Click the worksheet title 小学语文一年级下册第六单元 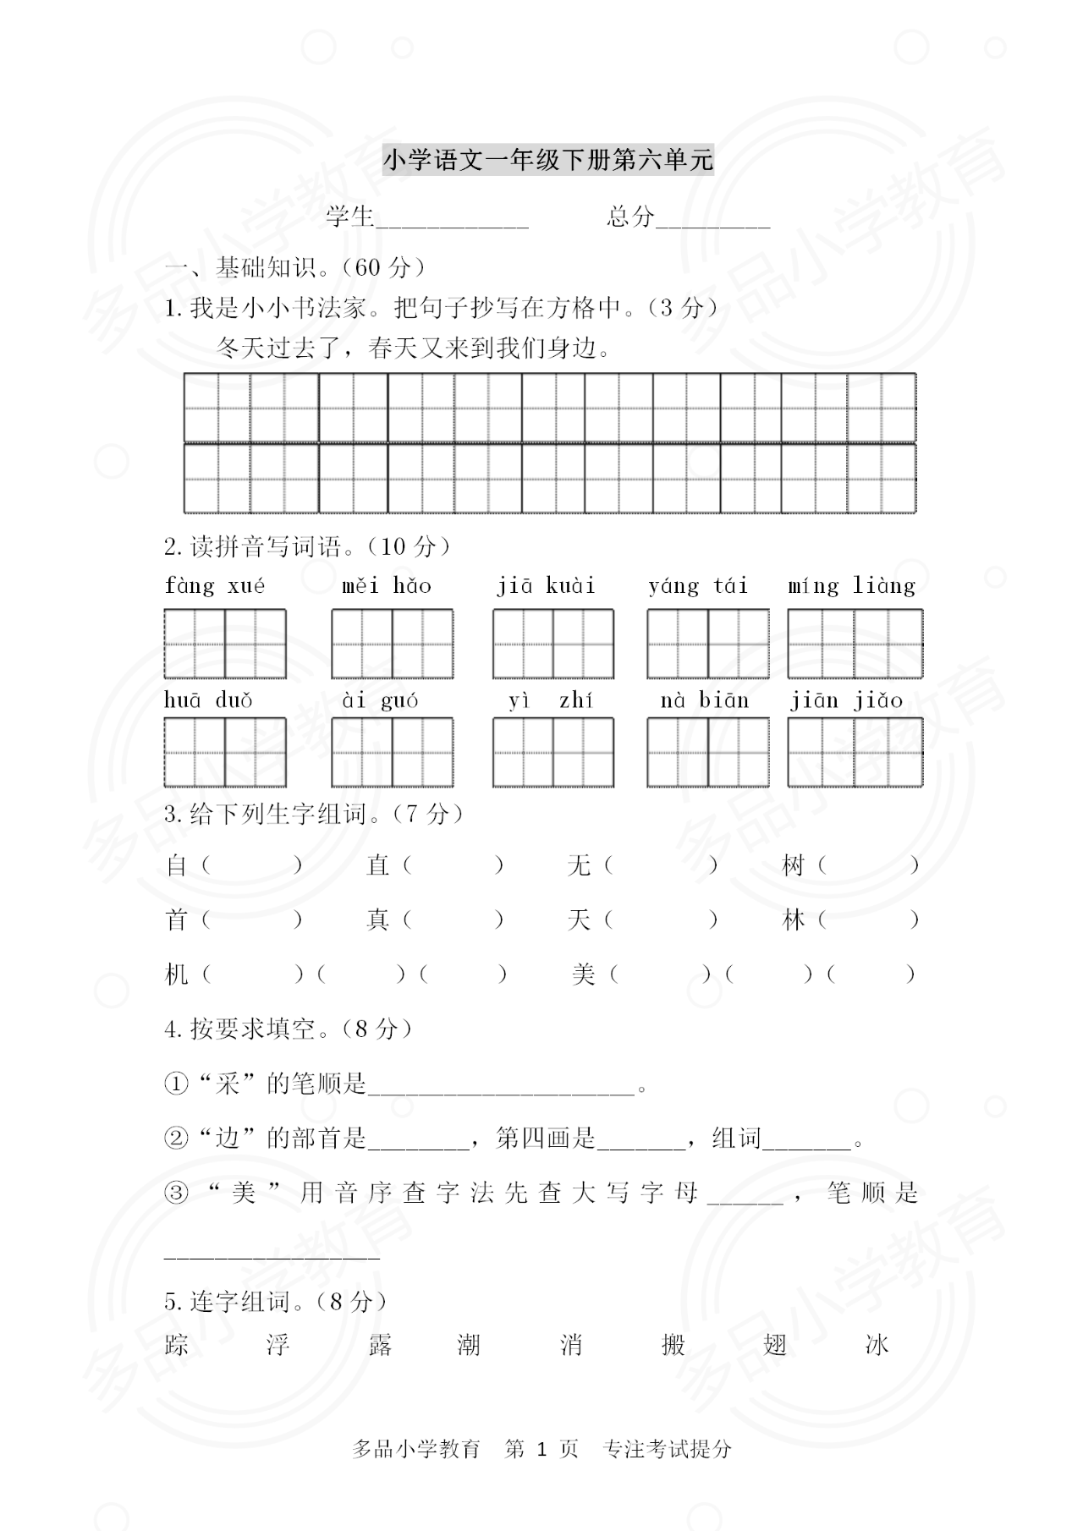pyautogui.click(x=548, y=160)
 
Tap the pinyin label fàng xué pyautogui.click(x=215, y=586)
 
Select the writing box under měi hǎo pyautogui.click(x=392, y=644)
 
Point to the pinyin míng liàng pyautogui.click(x=851, y=586)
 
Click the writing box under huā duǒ pyautogui.click(x=225, y=752)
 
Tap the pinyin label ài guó pyautogui.click(x=380, y=700)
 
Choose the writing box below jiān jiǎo pyautogui.click(x=855, y=752)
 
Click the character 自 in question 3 pyautogui.click(x=176, y=865)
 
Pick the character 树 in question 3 pyautogui.click(x=793, y=865)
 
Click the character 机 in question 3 pyautogui.click(x=176, y=974)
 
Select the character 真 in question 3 pyautogui.click(x=377, y=919)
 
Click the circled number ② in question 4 pyautogui.click(x=175, y=1139)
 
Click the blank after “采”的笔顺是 pyautogui.click(x=501, y=1086)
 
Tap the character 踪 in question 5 pyautogui.click(x=176, y=1345)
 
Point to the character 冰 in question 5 pyautogui.click(x=877, y=1345)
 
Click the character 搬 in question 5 pyautogui.click(x=673, y=1345)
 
